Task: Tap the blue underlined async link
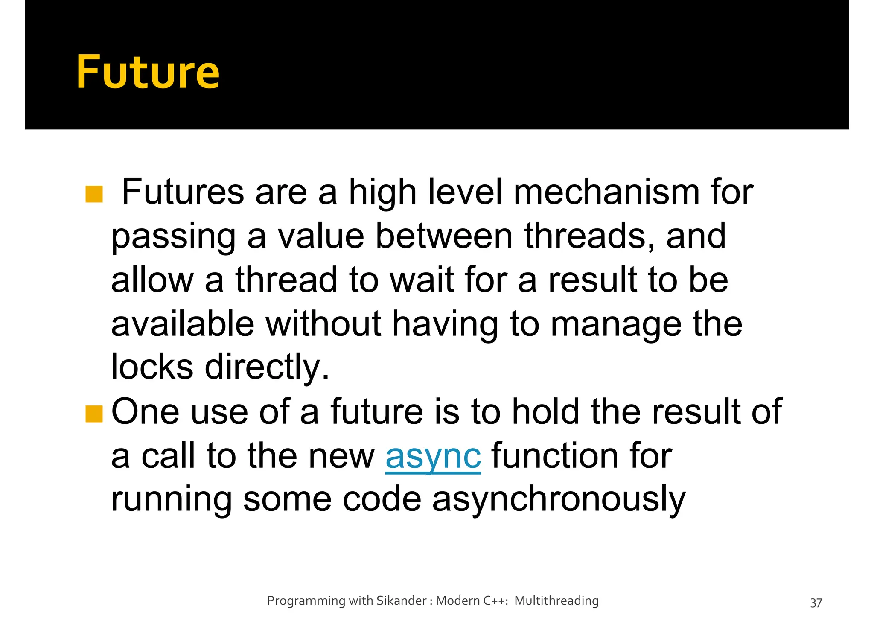point(433,456)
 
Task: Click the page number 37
point(816,603)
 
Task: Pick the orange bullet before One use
point(94,413)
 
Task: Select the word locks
point(152,367)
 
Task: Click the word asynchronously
point(559,500)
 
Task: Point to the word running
point(172,500)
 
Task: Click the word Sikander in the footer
point(401,601)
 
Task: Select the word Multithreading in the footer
point(556,601)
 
